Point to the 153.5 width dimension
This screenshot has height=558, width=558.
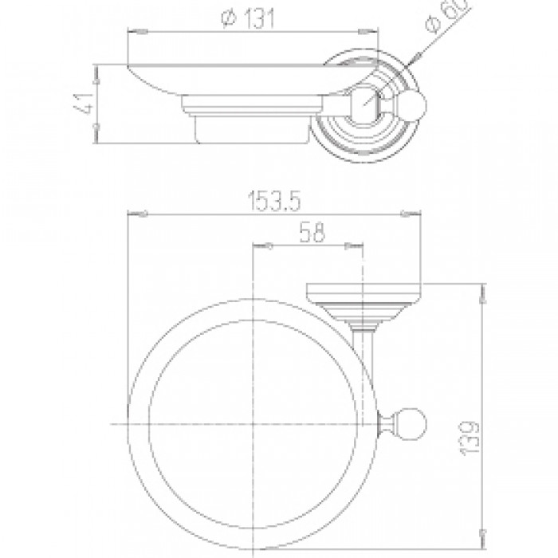coord(274,201)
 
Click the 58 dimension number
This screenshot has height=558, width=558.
coord(312,233)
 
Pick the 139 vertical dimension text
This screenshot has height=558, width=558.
coord(470,438)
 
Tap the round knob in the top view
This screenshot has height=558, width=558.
coord(414,104)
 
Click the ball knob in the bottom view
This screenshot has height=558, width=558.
coord(413,424)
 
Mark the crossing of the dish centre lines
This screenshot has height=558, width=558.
coord(253,424)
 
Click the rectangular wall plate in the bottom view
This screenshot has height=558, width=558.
coord(364,293)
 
